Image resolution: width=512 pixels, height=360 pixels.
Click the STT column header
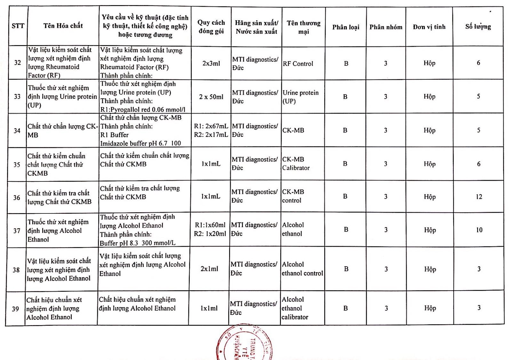pyautogui.click(x=18, y=26)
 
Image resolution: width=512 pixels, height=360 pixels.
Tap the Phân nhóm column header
pyautogui.click(x=386, y=27)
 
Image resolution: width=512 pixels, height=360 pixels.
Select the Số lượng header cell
pyautogui.click(x=478, y=27)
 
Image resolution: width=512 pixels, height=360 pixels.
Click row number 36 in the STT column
pyautogui.click(x=17, y=198)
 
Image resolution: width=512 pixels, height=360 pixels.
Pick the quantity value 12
pyautogui.click(x=479, y=197)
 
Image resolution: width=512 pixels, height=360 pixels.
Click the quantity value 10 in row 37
pyautogui.click(x=479, y=230)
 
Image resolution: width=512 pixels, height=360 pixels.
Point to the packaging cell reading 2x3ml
pyautogui.click(x=211, y=63)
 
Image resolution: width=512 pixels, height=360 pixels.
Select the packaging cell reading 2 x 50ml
pyautogui.click(x=211, y=97)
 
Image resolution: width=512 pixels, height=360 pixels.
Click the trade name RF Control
pyautogui.click(x=298, y=64)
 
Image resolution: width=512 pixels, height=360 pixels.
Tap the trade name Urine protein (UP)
pyautogui.click(x=300, y=97)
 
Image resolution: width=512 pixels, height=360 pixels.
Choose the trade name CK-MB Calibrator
pyautogui.click(x=296, y=164)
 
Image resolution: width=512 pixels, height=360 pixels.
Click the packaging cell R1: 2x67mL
pyautogui.click(x=211, y=126)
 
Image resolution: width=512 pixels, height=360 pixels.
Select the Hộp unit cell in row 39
pyautogui.click(x=430, y=308)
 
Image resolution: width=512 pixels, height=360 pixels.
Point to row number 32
pyautogui.click(x=18, y=62)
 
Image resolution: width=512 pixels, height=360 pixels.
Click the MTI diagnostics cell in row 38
pyautogui.click(x=254, y=268)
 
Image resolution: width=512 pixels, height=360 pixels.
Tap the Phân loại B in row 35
pyautogui.click(x=345, y=164)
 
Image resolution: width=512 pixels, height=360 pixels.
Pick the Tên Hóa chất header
pyautogui.click(x=63, y=26)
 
